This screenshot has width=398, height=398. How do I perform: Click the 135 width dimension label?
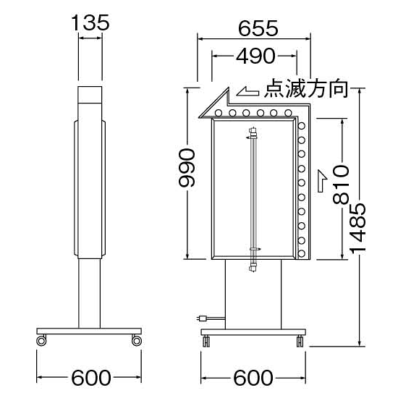[x=90, y=22]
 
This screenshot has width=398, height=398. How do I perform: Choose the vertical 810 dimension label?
[x=341, y=186]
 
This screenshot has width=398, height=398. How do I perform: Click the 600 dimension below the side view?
[x=90, y=378]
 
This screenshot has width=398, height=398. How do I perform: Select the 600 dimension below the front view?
[x=253, y=378]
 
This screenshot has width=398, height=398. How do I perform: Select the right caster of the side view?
[x=135, y=339]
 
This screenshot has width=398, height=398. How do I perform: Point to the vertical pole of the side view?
[x=90, y=293]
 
